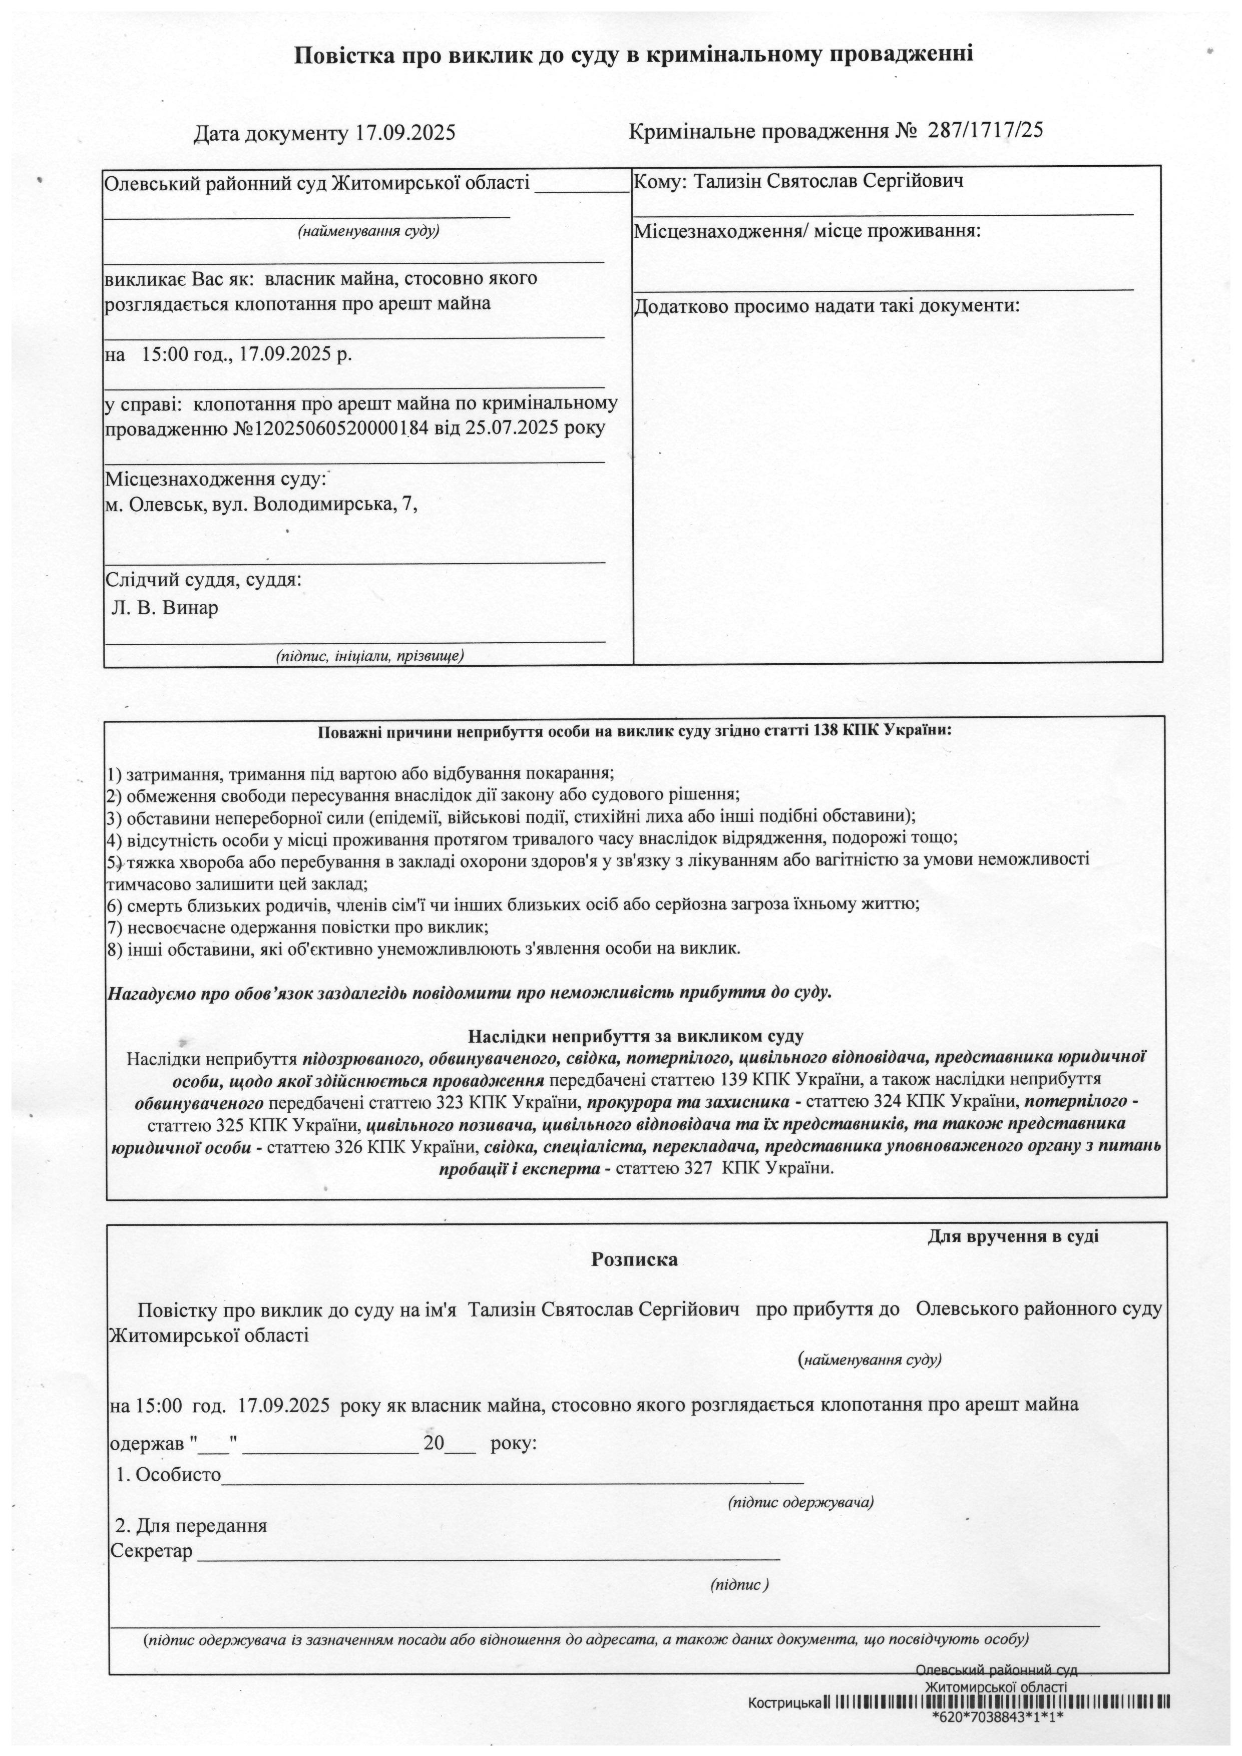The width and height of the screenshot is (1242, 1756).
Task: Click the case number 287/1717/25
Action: [x=985, y=130]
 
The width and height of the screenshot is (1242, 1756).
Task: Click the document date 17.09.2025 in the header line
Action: [x=405, y=134]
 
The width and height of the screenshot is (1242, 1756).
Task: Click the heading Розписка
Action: [x=634, y=1259]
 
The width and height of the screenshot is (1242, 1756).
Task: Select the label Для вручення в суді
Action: [x=1013, y=1236]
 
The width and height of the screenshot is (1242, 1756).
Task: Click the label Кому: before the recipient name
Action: [x=661, y=182]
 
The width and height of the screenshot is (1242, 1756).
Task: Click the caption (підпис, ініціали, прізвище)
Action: [x=370, y=655]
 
